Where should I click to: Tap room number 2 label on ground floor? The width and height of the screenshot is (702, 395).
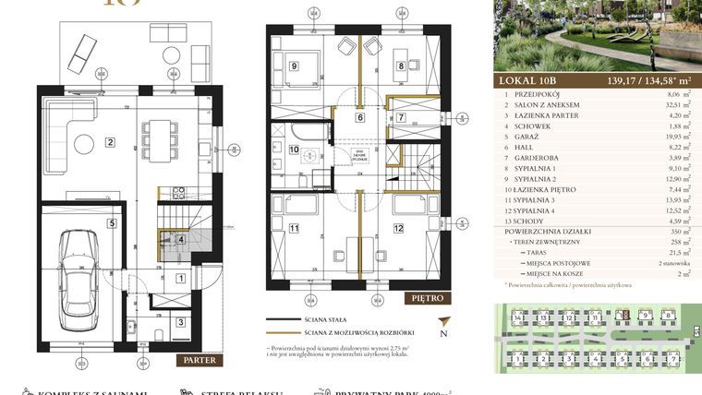tap(110, 142)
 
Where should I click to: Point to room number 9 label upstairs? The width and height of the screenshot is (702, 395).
tap(293, 66)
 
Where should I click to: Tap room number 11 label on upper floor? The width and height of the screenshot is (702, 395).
tap(294, 228)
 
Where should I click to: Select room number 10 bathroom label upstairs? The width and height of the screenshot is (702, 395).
tap(294, 149)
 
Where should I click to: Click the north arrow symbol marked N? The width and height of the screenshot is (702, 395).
tap(443, 334)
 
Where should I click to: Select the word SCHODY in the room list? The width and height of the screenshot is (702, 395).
tap(538, 246)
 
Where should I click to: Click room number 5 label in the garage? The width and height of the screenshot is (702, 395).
tap(110, 222)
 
